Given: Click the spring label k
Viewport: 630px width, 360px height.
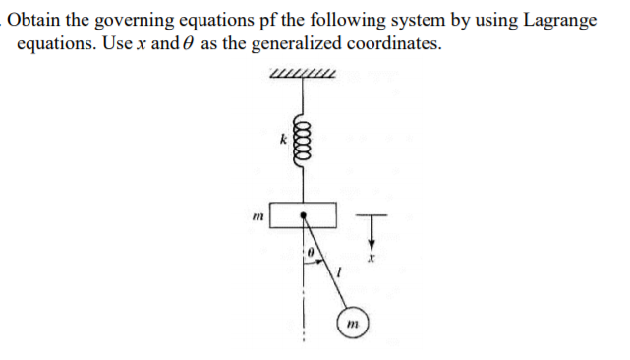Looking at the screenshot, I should [x=283, y=141].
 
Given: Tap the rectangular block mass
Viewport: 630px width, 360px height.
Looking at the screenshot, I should [x=305, y=214].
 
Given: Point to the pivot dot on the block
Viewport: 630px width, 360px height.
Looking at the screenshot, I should [x=305, y=213].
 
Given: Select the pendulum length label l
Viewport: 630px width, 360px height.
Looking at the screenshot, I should [x=338, y=270].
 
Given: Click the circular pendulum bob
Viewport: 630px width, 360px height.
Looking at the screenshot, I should [x=353, y=324].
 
